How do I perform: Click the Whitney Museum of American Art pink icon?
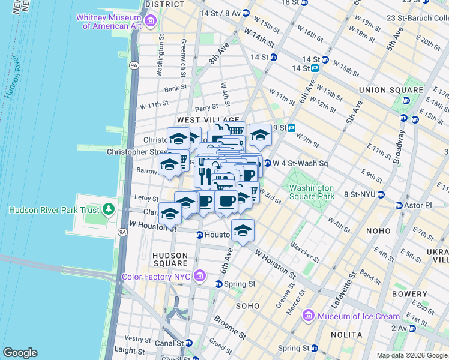pos(150,22)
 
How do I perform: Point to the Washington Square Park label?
pos(311,191)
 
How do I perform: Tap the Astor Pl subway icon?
pos(399,205)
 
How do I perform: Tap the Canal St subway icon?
pos(189,343)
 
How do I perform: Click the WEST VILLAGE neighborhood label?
pos(200,120)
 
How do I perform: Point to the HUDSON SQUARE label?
pos(171,259)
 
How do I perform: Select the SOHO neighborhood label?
pos(247,306)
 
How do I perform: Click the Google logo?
pos(20,352)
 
